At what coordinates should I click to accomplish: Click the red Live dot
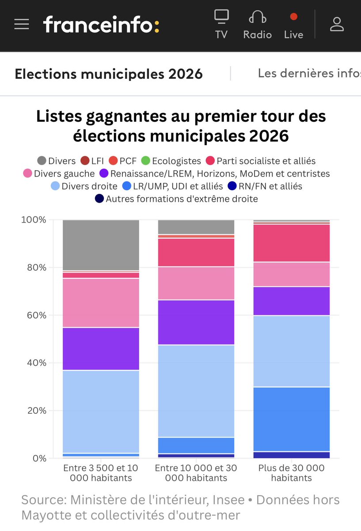click(x=293, y=17)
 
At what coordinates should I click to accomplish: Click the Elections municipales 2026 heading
click(x=109, y=73)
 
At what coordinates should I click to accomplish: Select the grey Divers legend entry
click(x=57, y=161)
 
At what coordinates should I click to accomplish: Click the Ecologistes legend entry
click(x=171, y=161)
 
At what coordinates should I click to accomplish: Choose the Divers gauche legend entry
click(x=59, y=173)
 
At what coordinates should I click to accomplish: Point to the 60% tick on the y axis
click(x=34, y=316)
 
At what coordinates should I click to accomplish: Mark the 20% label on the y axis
click(x=34, y=411)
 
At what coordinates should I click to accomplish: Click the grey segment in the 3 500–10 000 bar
click(x=101, y=245)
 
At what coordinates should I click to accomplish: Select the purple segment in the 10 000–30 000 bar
click(x=196, y=322)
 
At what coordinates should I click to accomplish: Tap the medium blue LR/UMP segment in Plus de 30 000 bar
click(x=292, y=419)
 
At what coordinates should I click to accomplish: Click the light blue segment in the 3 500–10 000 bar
click(x=101, y=412)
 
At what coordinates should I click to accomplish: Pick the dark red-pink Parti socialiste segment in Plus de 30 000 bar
click(x=292, y=243)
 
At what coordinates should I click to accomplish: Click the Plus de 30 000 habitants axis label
click(x=292, y=473)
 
